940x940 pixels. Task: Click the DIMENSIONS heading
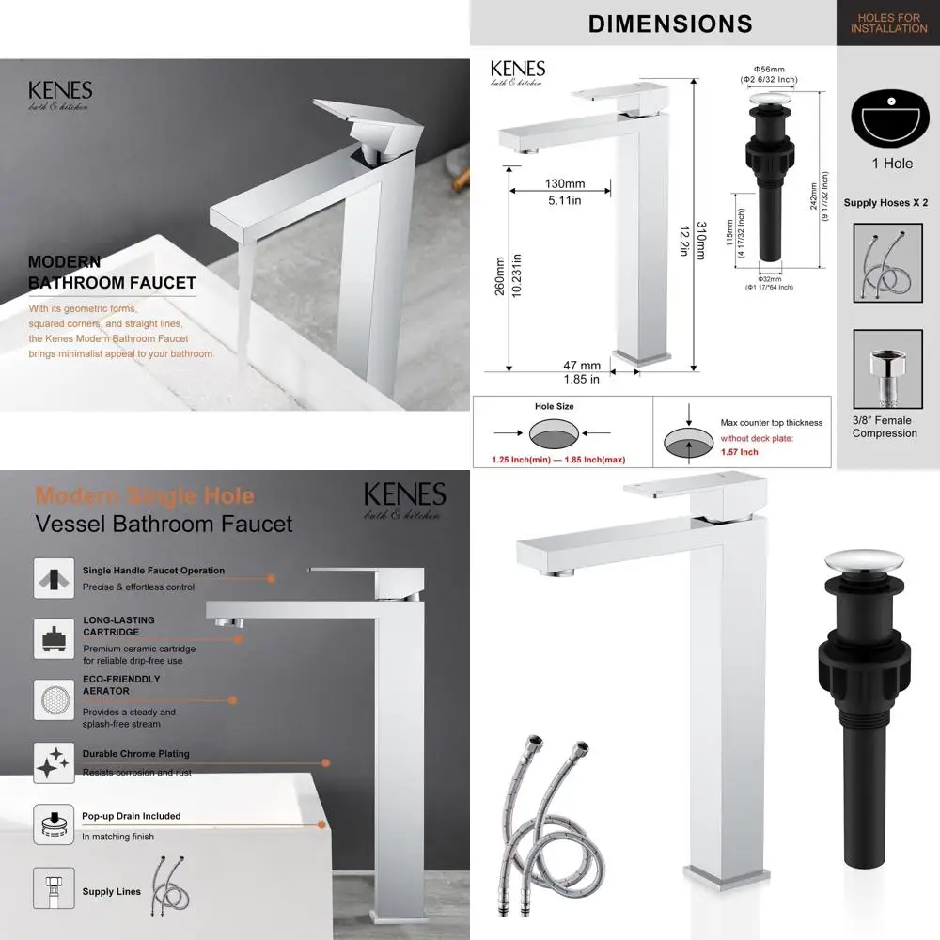point(670,23)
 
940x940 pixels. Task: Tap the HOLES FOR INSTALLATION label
point(888,23)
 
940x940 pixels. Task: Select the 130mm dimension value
point(564,184)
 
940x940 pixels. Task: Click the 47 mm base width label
point(582,366)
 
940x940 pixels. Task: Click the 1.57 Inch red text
point(740,452)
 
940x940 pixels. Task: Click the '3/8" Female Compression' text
point(885,427)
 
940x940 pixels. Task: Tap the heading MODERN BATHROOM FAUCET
point(112,273)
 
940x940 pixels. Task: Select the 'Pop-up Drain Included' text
point(132,816)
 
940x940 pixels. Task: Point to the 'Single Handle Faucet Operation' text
point(153,570)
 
